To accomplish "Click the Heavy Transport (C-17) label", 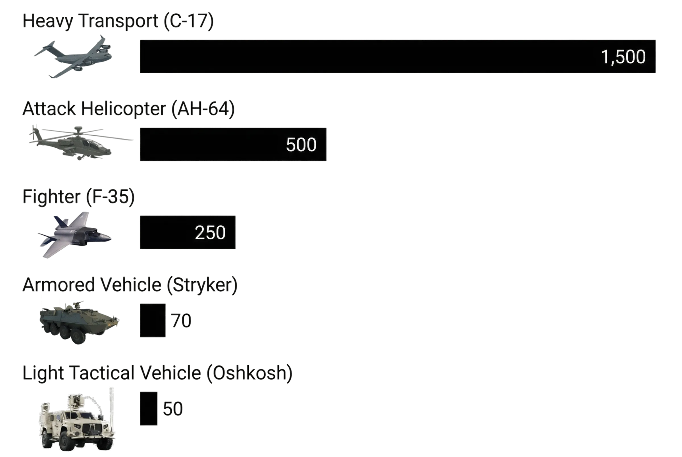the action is click(x=118, y=21).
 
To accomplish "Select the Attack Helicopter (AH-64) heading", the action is click(x=128, y=109).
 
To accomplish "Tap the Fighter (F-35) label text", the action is click(x=79, y=197).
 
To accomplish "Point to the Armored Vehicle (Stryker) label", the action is click(x=130, y=285).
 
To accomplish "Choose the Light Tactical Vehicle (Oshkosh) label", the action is click(x=157, y=373).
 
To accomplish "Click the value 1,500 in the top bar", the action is click(x=623, y=57).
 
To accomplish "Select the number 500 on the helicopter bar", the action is click(x=301, y=145).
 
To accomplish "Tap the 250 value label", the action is click(x=210, y=232).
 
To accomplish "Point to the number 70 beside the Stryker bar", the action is click(x=181, y=321).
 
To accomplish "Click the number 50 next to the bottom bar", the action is click(x=173, y=409).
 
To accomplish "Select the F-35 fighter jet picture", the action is click(x=74, y=235).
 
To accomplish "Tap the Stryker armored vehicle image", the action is click(x=79, y=322).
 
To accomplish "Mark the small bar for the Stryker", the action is click(x=153, y=320).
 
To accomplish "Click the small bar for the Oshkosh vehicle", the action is click(x=149, y=409).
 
